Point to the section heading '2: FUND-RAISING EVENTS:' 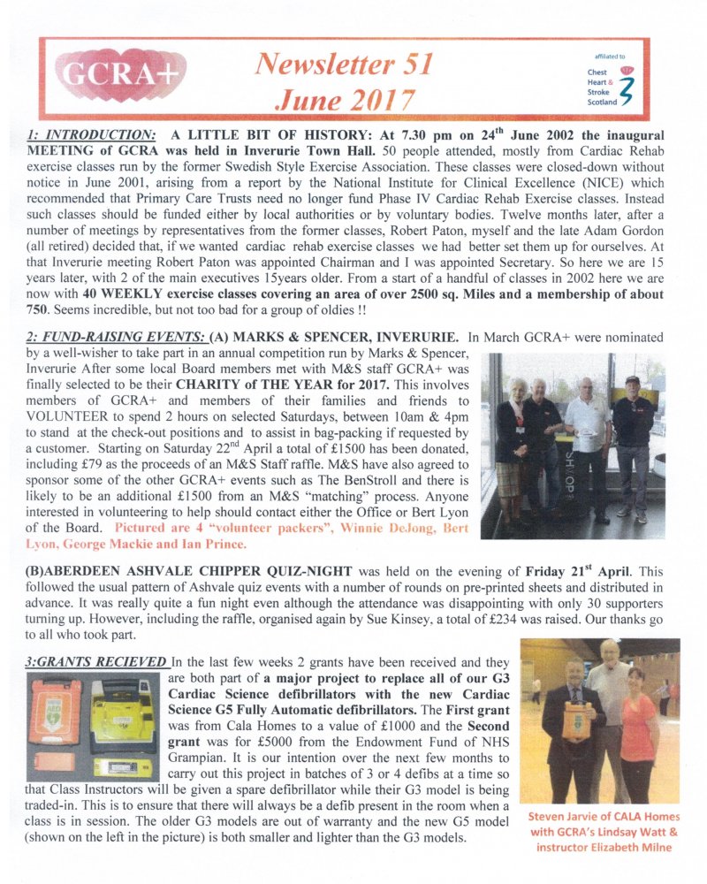[103, 337]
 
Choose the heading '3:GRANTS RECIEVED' [96, 661]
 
